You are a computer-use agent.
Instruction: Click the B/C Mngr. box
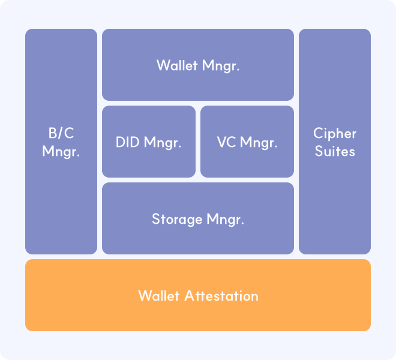61,142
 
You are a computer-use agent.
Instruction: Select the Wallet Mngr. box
198,65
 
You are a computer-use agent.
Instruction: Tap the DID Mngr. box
149,142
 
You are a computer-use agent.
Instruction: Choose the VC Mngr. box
247,142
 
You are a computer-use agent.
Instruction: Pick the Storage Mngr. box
198,218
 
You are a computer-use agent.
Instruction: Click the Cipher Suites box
335,142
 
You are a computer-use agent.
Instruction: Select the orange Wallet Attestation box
198,295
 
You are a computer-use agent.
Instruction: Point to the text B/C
61,133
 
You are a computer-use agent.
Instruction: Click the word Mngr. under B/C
61,151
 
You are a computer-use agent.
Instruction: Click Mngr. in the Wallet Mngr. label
221,65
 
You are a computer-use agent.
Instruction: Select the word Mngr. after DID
163,143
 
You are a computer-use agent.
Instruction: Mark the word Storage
177,219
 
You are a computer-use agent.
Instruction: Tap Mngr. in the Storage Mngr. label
225,219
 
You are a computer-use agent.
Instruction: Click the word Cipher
335,133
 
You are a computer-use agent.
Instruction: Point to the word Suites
335,151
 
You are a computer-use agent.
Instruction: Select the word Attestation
221,296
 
